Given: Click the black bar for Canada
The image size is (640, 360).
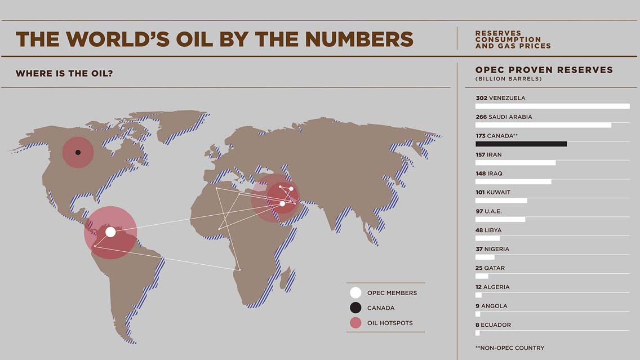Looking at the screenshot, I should point(521,144).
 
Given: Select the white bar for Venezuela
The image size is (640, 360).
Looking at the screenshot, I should point(552,106).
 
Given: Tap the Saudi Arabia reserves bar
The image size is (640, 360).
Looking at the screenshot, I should point(543,125).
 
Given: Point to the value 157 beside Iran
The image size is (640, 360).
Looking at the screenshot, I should point(481,155).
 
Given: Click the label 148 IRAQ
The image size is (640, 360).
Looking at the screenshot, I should point(488,174).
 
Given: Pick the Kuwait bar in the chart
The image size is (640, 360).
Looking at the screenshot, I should point(501,201).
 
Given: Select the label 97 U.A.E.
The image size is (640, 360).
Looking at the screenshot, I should point(488,211).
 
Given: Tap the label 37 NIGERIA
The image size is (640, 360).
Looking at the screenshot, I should point(491,249).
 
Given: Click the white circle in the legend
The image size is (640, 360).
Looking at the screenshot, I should point(355,293).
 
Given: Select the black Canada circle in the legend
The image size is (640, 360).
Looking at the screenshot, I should point(355,308).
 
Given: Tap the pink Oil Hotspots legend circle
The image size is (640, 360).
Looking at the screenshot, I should point(355,323).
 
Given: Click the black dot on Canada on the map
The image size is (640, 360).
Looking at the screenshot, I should point(78,153).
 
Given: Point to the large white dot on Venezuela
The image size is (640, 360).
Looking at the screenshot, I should point(110,232).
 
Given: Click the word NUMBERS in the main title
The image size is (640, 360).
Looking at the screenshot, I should point(359,39).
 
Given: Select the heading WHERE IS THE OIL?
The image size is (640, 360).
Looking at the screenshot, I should point(64,74).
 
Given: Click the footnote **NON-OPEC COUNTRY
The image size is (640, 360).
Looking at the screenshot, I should point(510,348).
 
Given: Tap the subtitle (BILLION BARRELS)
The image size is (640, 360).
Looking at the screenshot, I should point(508,79).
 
